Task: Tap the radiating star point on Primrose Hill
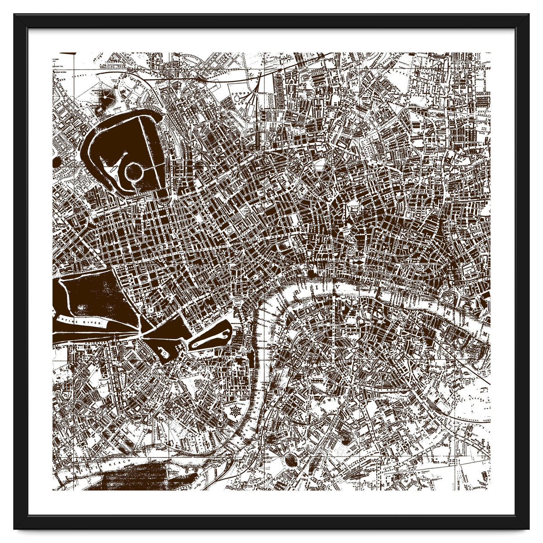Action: tap(107, 95)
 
